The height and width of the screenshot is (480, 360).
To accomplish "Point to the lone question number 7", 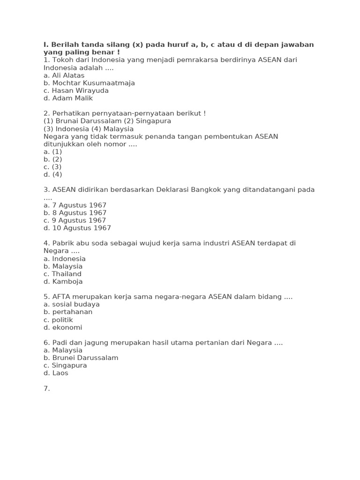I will click(46, 389).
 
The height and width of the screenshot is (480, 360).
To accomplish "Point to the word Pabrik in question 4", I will click(63, 243).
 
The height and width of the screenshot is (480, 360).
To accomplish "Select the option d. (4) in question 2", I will click(52, 174).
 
